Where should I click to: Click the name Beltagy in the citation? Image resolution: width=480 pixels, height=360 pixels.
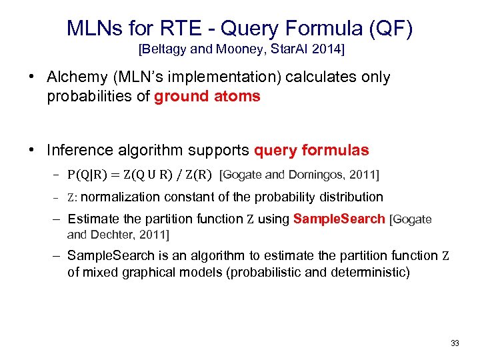(163, 49)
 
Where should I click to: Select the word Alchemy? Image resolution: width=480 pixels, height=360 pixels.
(75, 77)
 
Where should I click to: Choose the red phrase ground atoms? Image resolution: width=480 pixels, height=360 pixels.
(207, 96)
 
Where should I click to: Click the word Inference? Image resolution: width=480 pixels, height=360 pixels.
(77, 151)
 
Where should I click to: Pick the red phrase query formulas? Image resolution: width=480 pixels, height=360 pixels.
(311, 151)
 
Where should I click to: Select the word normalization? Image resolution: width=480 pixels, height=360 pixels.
(120, 197)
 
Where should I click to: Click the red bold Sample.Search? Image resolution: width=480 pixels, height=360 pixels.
(339, 219)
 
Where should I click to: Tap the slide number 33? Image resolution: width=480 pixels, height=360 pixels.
(455, 343)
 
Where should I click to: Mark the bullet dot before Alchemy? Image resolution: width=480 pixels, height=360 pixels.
(32, 77)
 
